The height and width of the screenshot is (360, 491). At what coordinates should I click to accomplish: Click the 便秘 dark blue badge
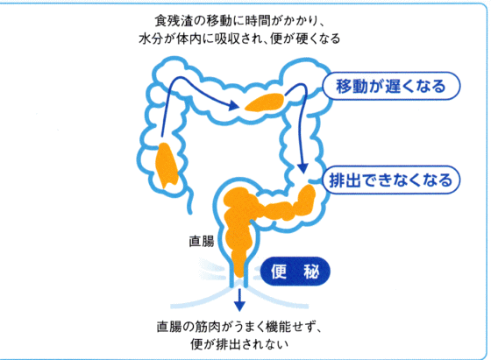[295, 272]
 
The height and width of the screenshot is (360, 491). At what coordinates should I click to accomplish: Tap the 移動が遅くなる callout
[391, 86]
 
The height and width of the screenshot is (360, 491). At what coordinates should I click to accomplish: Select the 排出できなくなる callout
[391, 180]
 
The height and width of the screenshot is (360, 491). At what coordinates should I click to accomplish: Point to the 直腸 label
[202, 242]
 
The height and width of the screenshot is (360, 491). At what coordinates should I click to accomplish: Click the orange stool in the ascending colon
[166, 166]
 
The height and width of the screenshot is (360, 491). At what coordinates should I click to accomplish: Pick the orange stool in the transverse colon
[265, 102]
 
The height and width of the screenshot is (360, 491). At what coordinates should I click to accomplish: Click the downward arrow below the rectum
[239, 300]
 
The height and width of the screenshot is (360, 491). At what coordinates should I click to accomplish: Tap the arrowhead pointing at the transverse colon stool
[233, 105]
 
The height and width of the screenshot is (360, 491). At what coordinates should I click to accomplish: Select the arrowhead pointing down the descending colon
[302, 167]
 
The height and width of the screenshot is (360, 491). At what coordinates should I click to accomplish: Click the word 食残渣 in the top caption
[174, 21]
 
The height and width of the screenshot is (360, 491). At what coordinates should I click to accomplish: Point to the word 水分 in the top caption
[151, 39]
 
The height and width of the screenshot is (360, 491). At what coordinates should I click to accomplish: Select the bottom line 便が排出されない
[239, 344]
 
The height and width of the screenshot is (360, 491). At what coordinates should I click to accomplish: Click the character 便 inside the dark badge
[279, 272]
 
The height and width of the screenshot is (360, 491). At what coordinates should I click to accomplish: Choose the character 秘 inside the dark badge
[311, 272]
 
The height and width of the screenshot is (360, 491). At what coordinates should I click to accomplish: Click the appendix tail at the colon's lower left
[189, 201]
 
